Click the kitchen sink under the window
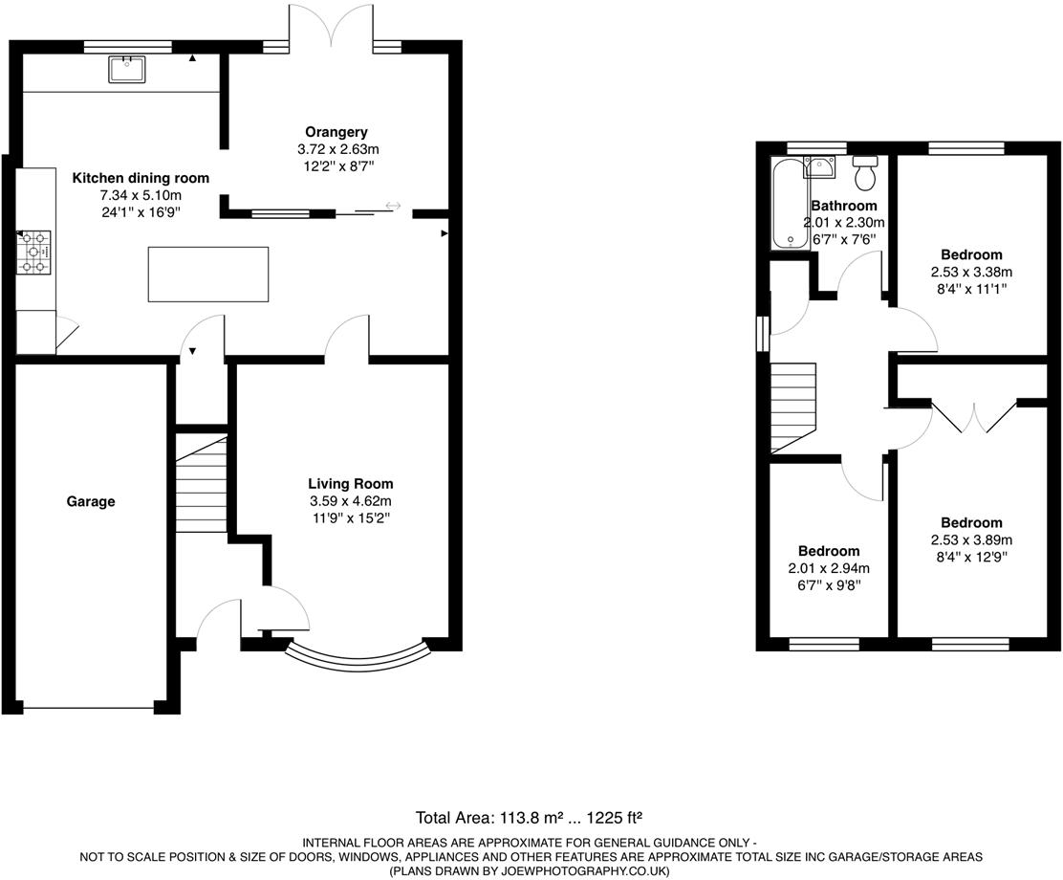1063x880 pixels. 126,70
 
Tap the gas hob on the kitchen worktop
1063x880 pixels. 34,253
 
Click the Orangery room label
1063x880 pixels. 336,132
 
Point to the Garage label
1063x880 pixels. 91,501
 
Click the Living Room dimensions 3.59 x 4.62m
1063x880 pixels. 350,501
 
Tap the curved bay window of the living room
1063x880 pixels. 357,657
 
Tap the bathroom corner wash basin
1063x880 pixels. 819,168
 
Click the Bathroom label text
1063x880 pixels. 843,206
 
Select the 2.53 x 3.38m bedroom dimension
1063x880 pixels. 971,272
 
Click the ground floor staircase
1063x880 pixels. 201,483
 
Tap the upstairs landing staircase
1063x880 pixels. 793,407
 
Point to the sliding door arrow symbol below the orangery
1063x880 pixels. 393,206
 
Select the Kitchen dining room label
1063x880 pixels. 141,178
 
